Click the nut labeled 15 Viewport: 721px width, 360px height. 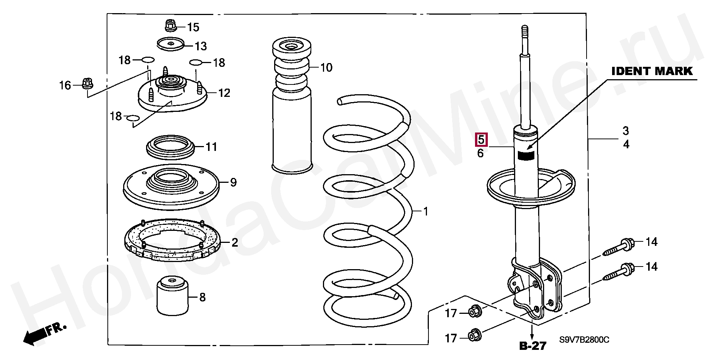pos(171,26)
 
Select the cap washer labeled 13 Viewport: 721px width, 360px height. pos(170,44)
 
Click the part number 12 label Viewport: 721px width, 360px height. pos(224,93)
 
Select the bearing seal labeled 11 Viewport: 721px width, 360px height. pos(170,147)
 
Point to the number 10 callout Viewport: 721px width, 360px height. pos(326,68)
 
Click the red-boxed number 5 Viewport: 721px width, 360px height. pos(481,140)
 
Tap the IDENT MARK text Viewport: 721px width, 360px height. pos(652,71)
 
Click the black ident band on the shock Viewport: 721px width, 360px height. pos(526,155)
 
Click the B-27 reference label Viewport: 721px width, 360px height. pos(533,346)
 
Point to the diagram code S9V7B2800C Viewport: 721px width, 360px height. pos(584,340)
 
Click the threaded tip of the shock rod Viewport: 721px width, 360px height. pos(525,32)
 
